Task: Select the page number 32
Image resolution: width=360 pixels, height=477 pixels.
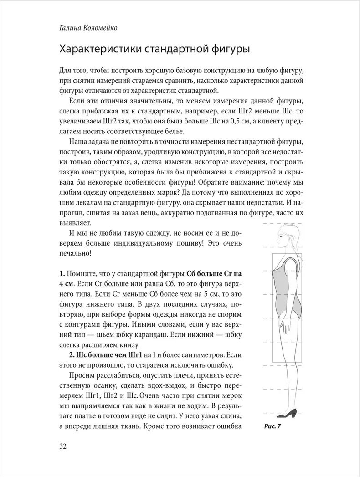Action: coord(63,446)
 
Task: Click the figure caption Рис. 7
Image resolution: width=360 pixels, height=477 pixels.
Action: coord(273,427)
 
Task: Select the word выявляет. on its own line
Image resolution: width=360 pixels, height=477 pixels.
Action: coord(75,222)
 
